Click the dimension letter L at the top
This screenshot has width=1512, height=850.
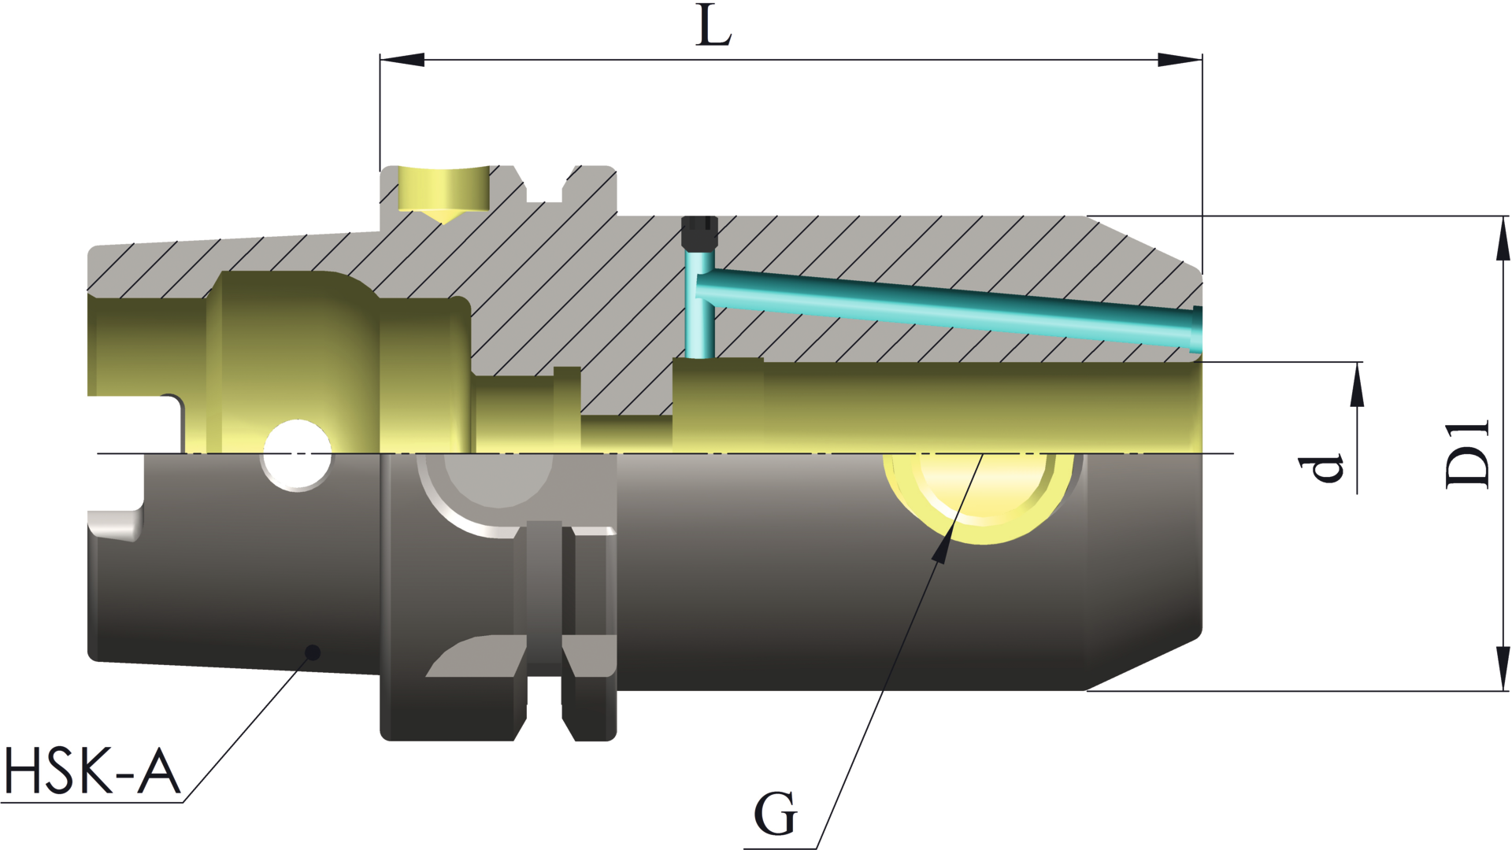714,28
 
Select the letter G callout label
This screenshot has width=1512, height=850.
775,814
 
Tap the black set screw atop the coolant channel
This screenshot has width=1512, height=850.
699,232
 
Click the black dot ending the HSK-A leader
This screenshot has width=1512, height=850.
313,652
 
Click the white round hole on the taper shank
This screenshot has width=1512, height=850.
297,455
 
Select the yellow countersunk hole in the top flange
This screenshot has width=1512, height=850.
443,191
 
